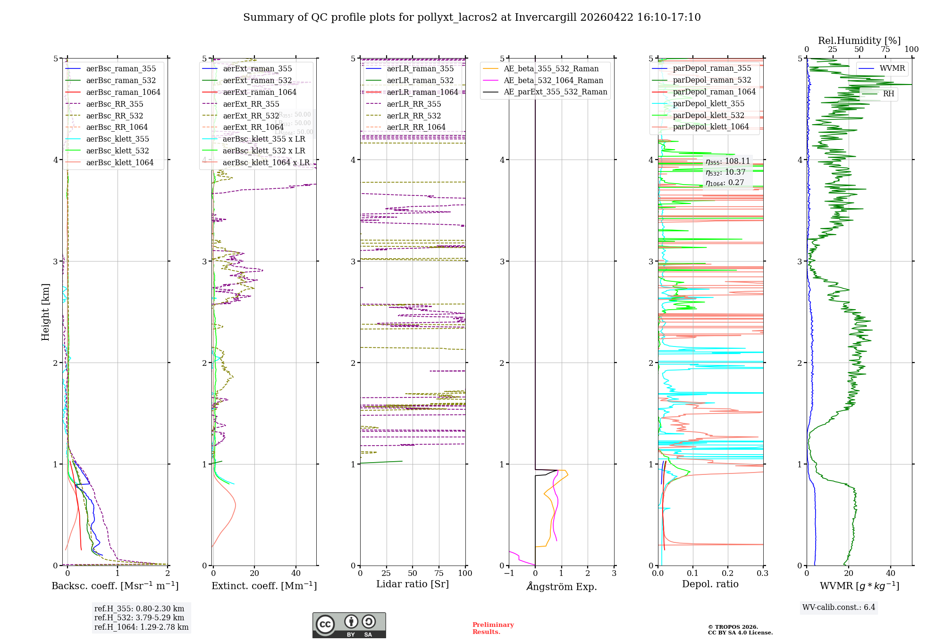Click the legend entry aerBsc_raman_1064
(x=123, y=92)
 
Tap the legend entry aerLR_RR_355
(x=413, y=104)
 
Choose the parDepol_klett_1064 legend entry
(x=710, y=127)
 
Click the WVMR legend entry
(x=892, y=68)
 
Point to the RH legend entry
(x=888, y=93)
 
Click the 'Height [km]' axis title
(x=45, y=312)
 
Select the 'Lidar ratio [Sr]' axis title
(x=412, y=584)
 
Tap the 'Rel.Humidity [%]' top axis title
(x=859, y=41)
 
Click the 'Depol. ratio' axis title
(x=710, y=584)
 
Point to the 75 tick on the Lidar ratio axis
(x=439, y=573)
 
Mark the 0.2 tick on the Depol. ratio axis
(x=728, y=573)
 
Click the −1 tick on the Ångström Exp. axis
(x=508, y=573)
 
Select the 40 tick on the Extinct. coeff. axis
(x=296, y=573)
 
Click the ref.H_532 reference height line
(x=139, y=617)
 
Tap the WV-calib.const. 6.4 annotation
(x=838, y=607)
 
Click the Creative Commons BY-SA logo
(x=349, y=625)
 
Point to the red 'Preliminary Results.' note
(x=493, y=628)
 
